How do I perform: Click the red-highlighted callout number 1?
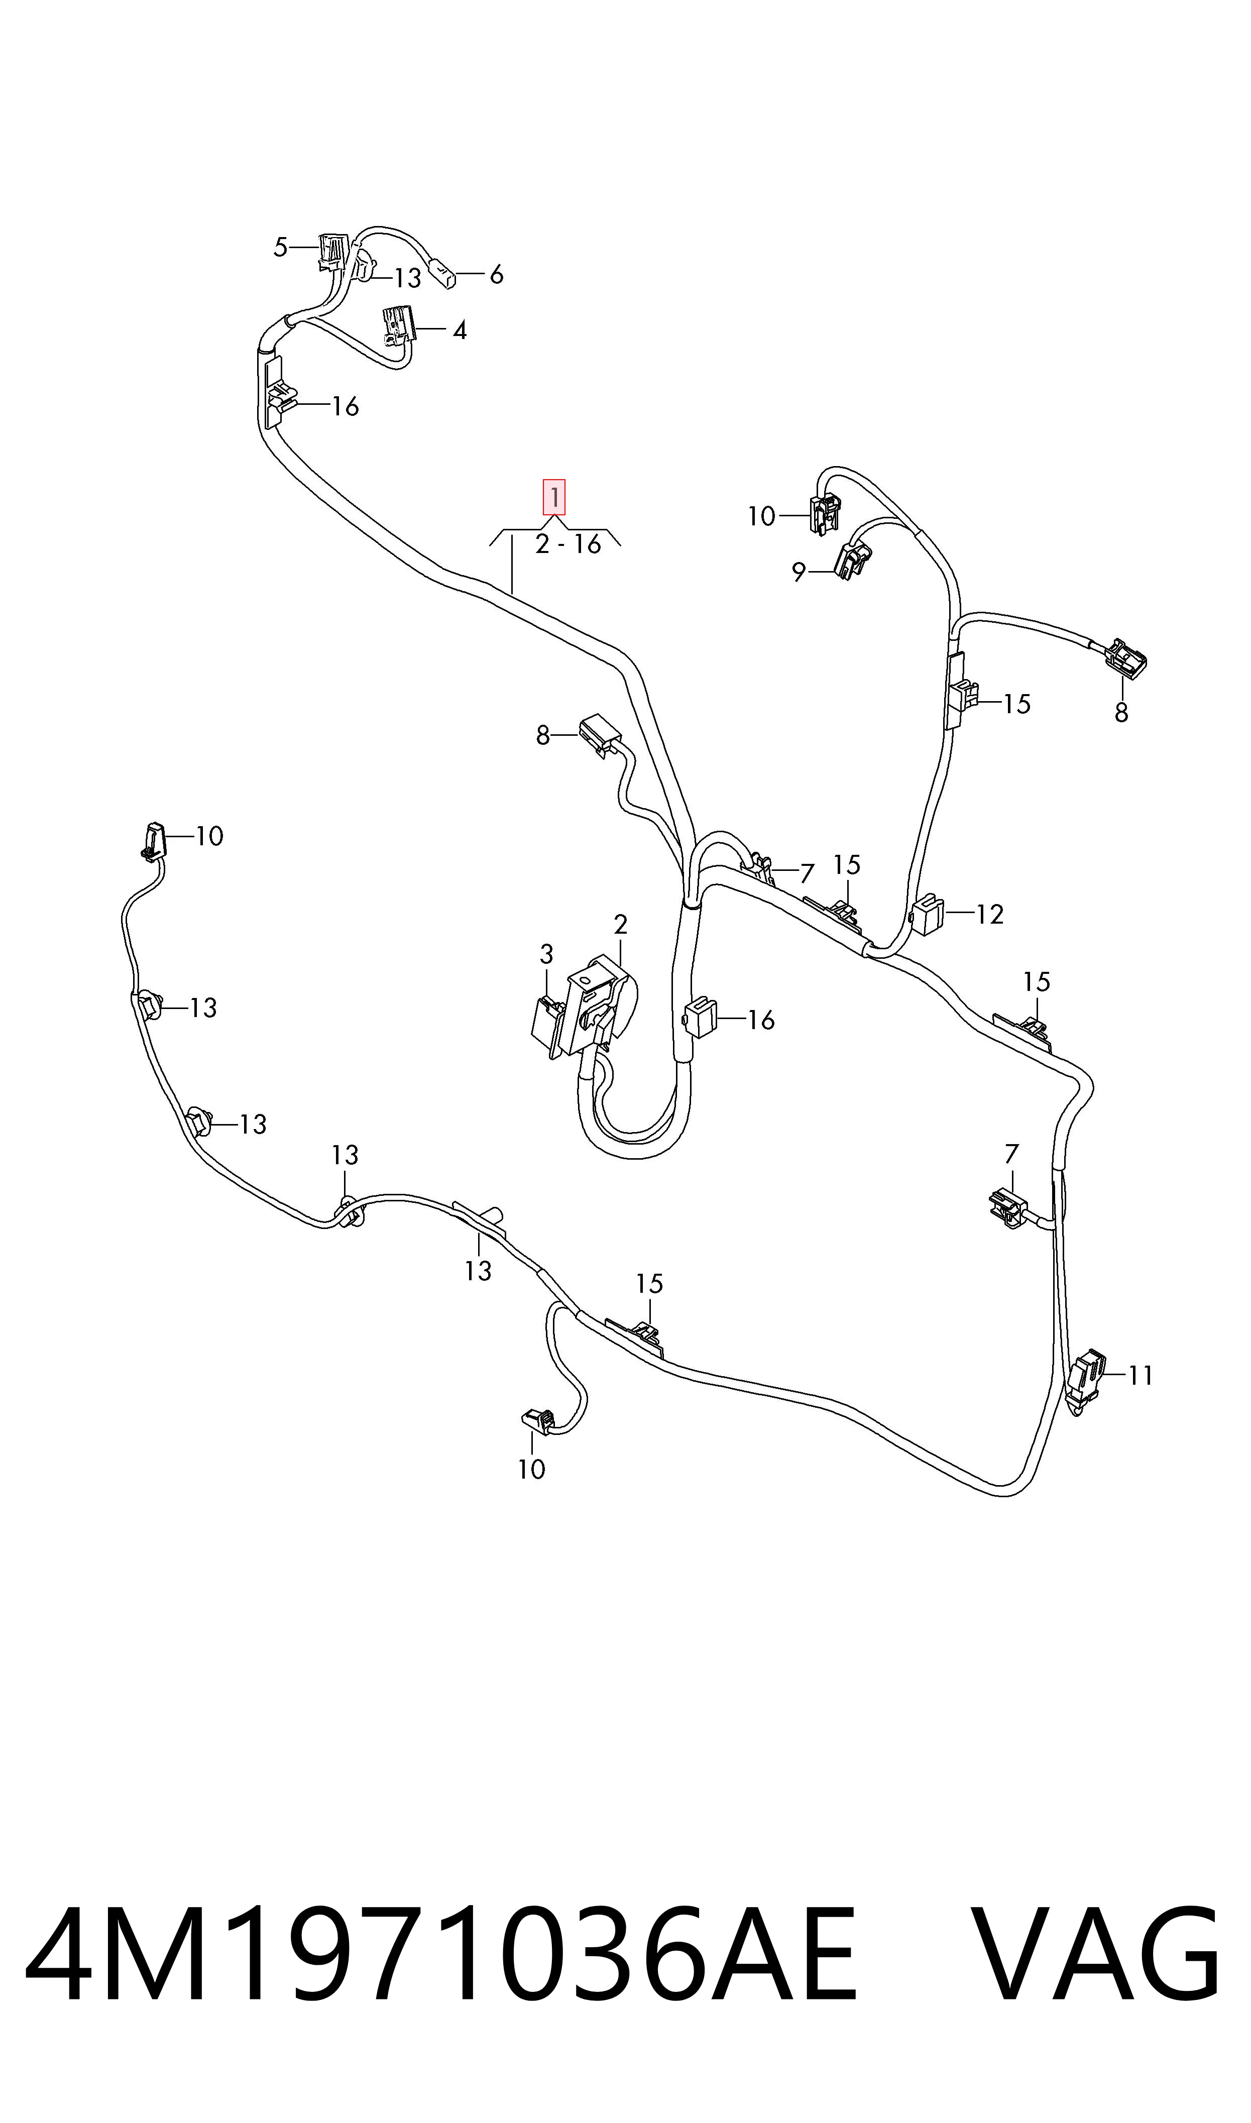(554, 497)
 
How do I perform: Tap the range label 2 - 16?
(568, 544)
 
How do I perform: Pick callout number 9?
(799, 573)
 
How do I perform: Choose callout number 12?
(990, 915)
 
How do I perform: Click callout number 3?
(546, 955)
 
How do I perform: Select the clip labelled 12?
(927, 914)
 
